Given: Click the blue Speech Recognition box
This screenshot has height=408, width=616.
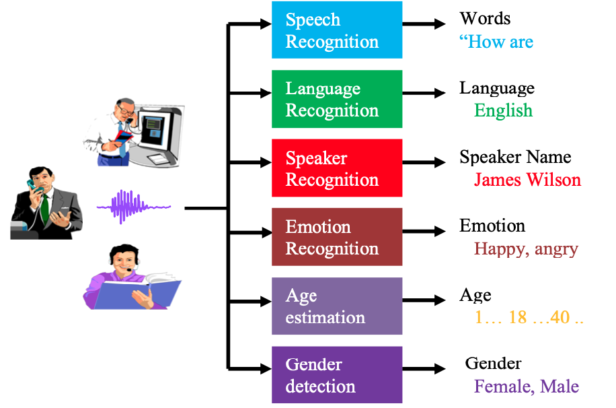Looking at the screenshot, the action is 337,30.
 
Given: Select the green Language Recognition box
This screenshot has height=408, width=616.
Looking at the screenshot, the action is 337,99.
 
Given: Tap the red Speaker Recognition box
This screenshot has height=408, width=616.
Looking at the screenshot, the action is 337,168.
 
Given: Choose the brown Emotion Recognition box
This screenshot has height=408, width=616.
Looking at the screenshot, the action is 337,237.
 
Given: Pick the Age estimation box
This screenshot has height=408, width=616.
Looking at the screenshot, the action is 337,306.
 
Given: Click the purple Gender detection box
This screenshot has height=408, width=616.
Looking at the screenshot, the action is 337,374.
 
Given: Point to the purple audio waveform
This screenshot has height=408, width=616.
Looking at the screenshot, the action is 134,206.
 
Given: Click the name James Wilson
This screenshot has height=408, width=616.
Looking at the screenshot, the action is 527,180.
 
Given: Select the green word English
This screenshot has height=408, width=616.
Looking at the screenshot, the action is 503,110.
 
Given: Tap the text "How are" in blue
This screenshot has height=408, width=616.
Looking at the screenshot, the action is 496,41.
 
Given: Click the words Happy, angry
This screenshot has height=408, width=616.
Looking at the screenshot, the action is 526,249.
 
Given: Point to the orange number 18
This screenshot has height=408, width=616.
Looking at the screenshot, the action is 518,317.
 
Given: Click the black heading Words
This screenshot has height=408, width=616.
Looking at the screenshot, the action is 485,18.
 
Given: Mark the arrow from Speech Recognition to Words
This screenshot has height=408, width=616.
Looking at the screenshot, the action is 424,24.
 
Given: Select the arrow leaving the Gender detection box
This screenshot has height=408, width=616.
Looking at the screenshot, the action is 424,369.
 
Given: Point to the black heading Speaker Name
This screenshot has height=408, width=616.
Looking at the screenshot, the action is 515,157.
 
